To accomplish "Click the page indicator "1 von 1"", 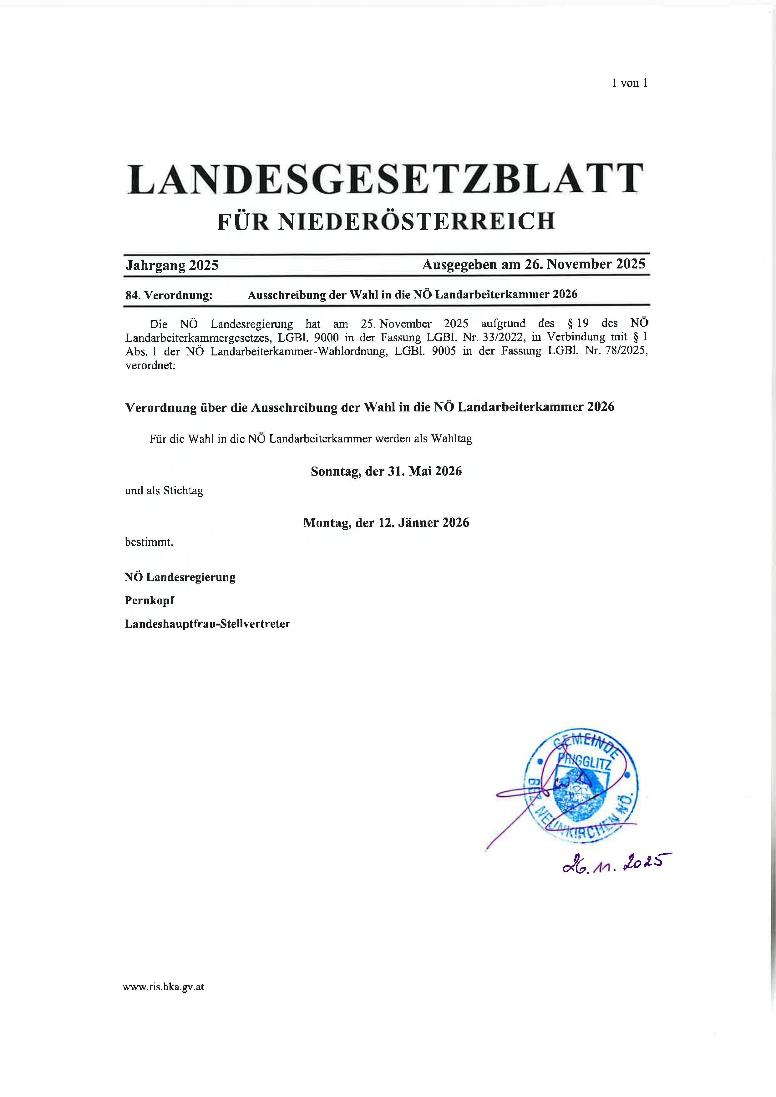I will [629, 83].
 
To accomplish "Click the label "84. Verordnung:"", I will [169, 295].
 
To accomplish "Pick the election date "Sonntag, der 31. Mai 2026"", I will [386, 471].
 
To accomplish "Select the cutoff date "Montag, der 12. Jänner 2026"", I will [386, 523].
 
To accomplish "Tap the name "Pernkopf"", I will [150, 600].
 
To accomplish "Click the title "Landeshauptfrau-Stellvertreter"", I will [207, 624].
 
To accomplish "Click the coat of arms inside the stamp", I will [580, 793].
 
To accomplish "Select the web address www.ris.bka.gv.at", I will [163, 987].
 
